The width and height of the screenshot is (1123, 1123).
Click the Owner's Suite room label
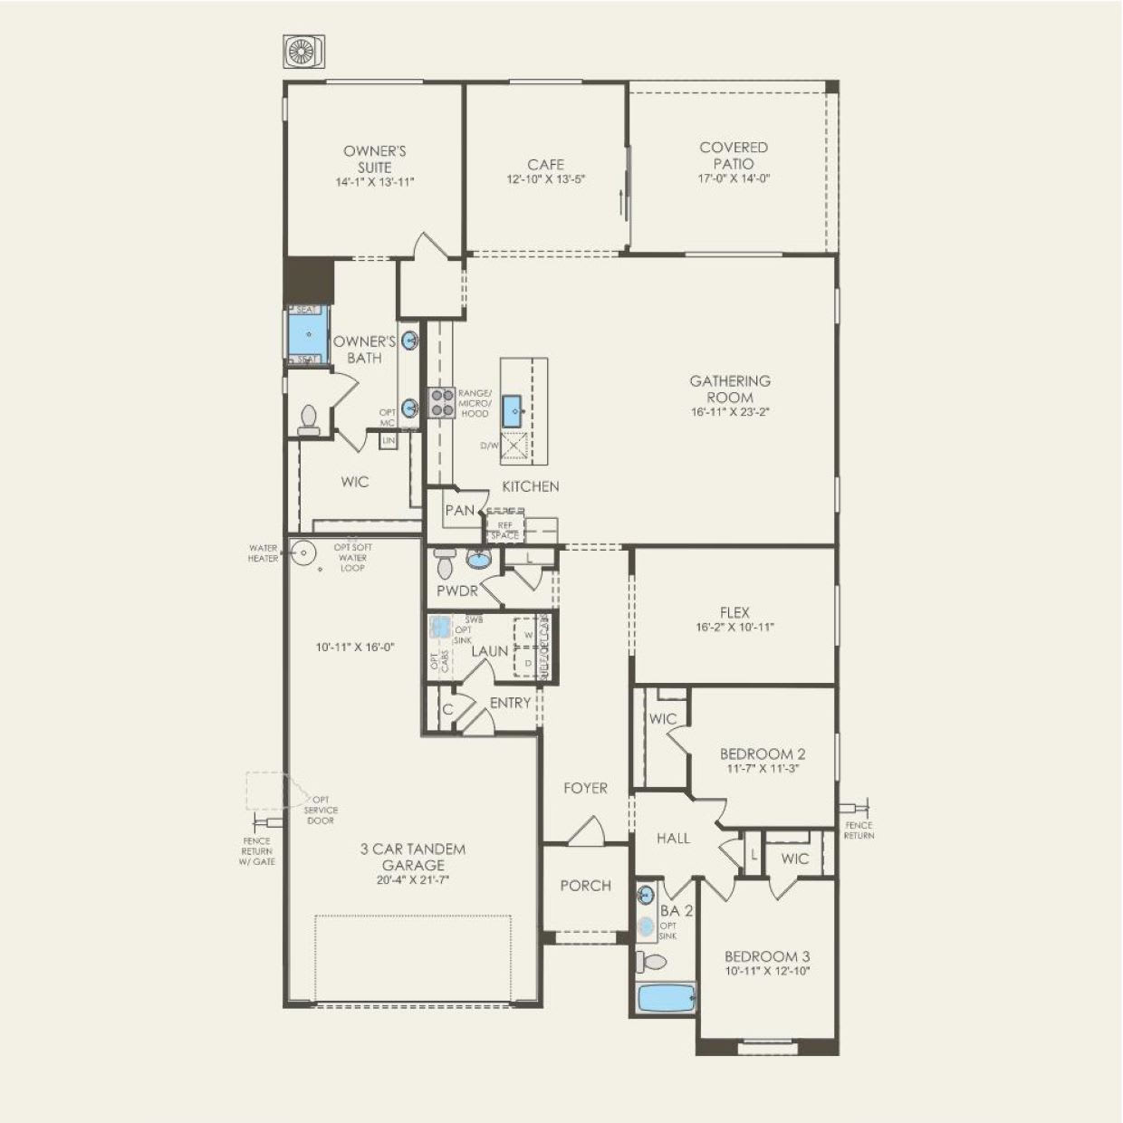tap(374, 159)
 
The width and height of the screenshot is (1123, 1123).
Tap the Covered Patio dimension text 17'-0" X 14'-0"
tap(734, 179)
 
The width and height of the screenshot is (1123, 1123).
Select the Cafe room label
tap(546, 165)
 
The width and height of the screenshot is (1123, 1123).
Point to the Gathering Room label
tap(730, 389)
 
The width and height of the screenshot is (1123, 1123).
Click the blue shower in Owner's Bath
tap(308, 334)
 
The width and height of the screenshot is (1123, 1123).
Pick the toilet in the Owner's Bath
tap(309, 419)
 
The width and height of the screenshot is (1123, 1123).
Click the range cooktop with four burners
tap(441, 402)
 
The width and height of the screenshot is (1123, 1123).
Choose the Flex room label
tap(734, 612)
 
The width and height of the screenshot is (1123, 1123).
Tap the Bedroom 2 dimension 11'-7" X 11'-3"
tap(763, 769)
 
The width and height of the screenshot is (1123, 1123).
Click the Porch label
tap(585, 886)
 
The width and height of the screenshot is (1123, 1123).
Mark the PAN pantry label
tap(459, 511)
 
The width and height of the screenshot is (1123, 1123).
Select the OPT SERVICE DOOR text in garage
tap(321, 811)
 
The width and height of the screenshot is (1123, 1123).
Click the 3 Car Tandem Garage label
tap(413, 858)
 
